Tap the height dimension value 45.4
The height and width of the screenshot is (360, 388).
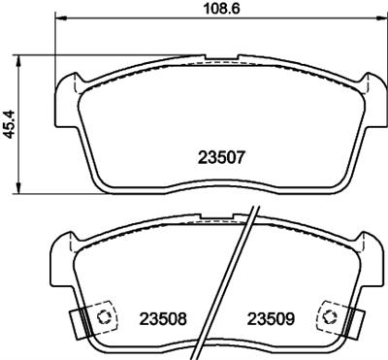pyautogui.click(x=9, y=122)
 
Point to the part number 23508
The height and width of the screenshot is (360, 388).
pyautogui.click(x=164, y=318)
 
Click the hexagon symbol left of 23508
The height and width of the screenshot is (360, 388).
pyautogui.click(x=103, y=316)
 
